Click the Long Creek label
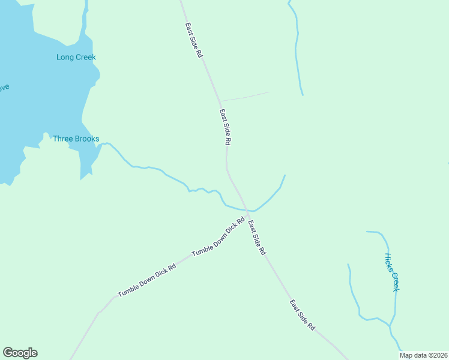click(x=76, y=58)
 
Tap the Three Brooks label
click(x=76, y=139)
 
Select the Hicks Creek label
click(x=391, y=272)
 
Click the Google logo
click(x=20, y=353)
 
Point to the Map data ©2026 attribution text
click(x=424, y=355)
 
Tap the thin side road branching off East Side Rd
click(x=244, y=97)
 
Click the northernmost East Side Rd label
click(x=194, y=40)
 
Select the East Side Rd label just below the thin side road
click(x=225, y=127)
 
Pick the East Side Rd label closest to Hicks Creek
click(x=303, y=316)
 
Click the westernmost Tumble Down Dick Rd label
click(x=146, y=280)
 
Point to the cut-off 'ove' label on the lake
click(x=4, y=87)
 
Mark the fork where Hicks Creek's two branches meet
click(x=391, y=326)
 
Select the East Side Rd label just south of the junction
click(x=257, y=238)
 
